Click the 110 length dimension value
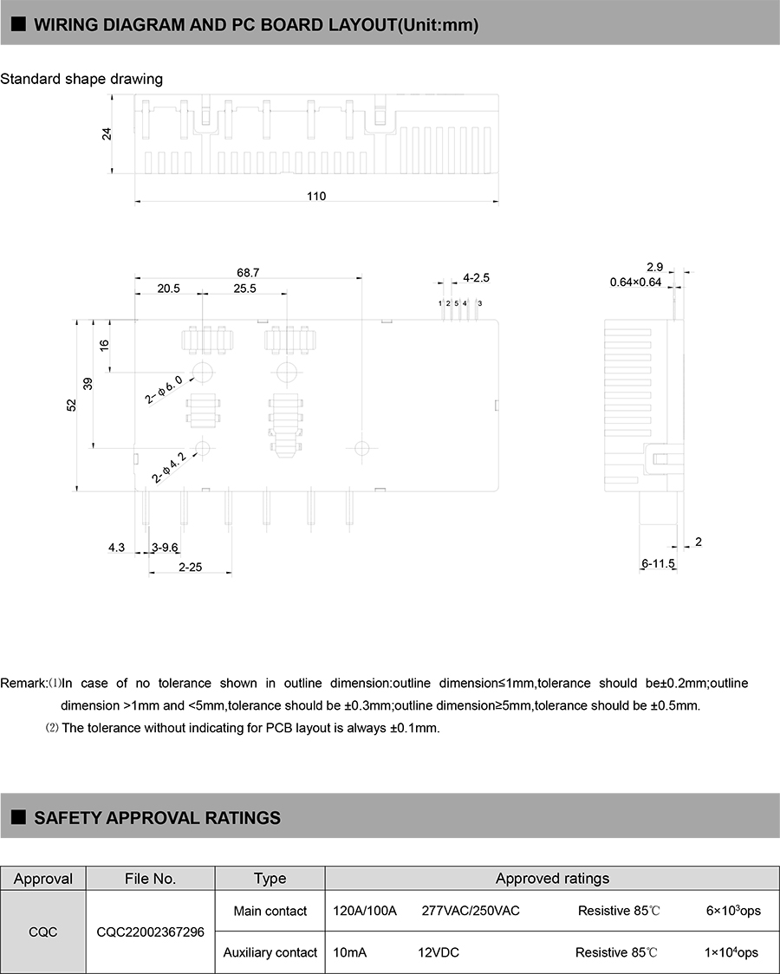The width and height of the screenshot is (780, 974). pos(316,197)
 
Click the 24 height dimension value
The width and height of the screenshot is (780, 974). pos(107,134)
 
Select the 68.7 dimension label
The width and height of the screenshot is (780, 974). pos(249,272)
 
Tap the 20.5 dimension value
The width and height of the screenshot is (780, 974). pos(168,289)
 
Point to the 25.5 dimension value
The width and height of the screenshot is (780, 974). pos(244,289)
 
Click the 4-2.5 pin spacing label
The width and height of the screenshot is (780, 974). pos(477,278)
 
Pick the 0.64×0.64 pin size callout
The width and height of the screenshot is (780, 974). pos(635,282)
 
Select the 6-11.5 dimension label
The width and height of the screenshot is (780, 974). pos(658,564)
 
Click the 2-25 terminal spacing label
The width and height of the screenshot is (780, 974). pos(190,567)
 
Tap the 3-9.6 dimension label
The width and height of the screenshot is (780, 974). pos(165,548)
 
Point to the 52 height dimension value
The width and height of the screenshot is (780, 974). pos(72,405)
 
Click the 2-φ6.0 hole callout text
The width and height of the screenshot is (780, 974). pos(164,390)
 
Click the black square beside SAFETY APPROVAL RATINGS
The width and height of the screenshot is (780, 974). pos(17,816)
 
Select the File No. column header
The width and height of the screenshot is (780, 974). pos(151,879)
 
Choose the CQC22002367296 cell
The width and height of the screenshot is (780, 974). pos(151,932)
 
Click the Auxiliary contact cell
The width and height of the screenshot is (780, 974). pos(270,952)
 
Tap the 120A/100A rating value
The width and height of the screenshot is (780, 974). pos(365,911)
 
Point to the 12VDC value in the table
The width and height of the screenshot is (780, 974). pos(439,952)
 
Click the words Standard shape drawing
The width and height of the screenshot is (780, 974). pos(81,79)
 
